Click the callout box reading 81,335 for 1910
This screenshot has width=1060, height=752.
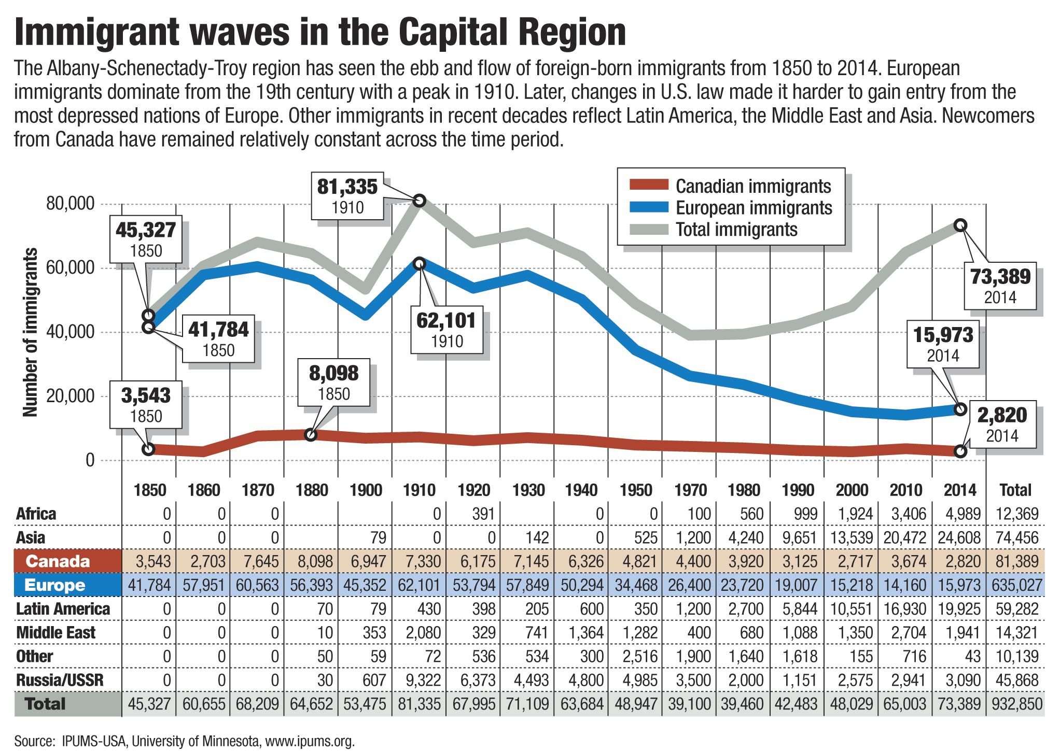click(347, 196)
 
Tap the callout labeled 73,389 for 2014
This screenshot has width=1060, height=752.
click(1000, 286)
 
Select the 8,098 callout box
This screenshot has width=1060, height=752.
click(333, 382)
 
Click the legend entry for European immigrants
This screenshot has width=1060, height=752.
click(753, 208)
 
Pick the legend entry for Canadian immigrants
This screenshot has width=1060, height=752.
click(752, 186)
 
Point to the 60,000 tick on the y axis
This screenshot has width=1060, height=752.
click(70, 268)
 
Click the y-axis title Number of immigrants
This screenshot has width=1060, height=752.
click(31, 332)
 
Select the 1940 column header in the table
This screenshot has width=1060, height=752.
click(581, 490)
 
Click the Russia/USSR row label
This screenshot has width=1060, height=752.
click(60, 680)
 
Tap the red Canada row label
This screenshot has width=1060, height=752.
click(58, 561)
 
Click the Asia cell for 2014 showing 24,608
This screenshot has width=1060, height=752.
click(959, 537)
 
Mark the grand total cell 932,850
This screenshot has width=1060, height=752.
click(1016, 704)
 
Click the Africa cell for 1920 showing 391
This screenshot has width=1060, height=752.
click(483, 514)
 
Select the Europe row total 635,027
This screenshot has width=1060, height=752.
click(1016, 585)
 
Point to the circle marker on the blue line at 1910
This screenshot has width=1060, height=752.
click(420, 264)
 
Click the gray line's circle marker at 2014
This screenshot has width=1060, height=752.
click(960, 225)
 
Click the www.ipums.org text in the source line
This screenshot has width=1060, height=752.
click(310, 741)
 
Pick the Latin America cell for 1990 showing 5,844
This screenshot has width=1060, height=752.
click(800, 609)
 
